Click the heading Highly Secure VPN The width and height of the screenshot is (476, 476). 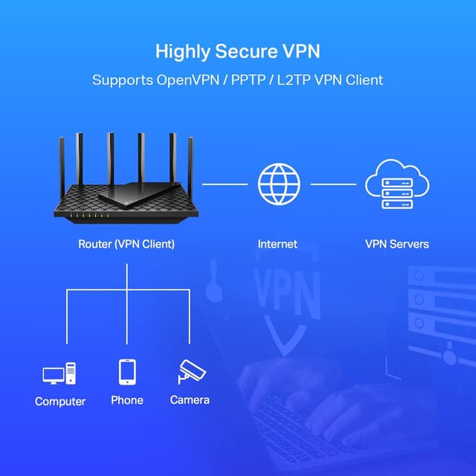click(x=237, y=51)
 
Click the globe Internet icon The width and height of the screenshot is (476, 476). click(x=278, y=184)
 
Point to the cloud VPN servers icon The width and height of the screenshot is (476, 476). click(x=396, y=184)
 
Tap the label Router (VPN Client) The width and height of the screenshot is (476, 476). click(x=126, y=244)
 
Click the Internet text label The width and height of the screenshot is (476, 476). click(x=277, y=244)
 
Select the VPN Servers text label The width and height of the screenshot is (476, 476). click(x=396, y=244)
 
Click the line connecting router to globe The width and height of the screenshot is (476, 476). click(x=225, y=184)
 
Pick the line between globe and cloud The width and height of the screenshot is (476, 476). click(x=332, y=184)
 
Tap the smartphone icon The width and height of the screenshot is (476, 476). click(x=127, y=372)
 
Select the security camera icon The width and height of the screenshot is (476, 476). click(x=190, y=371)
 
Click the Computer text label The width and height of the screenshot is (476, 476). click(x=60, y=402)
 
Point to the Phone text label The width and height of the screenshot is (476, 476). click(x=127, y=400)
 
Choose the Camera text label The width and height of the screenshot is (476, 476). click(x=190, y=400)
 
